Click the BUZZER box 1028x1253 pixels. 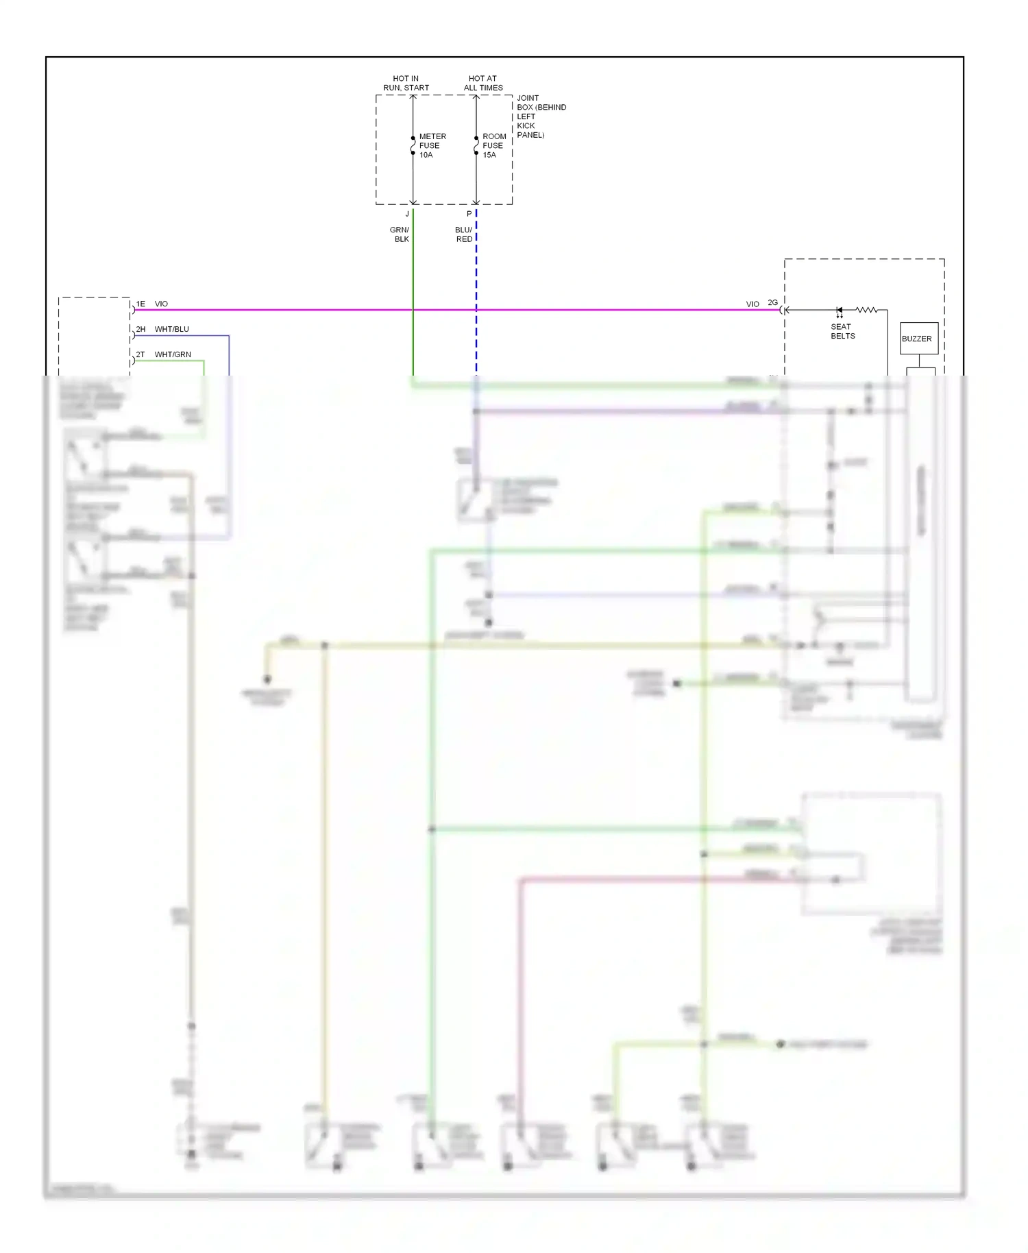918,339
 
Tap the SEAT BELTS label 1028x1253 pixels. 842,332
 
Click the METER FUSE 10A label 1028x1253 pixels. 432,146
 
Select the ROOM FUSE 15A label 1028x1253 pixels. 493,146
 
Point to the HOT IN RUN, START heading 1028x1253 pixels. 406,83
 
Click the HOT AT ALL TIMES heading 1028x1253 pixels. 483,83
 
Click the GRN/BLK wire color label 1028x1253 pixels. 400,234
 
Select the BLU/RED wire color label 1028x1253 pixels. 464,234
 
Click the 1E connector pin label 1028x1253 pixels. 140,304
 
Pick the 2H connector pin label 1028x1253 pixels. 140,329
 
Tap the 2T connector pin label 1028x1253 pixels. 140,354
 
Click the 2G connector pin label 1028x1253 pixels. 772,303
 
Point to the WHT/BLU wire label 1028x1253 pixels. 172,329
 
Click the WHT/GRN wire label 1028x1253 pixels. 173,354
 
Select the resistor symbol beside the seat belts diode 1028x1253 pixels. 866,310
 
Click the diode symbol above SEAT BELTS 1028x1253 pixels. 839,311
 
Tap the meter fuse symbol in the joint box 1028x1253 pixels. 413,145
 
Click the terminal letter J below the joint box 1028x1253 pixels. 407,214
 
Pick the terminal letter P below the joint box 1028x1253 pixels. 469,214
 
